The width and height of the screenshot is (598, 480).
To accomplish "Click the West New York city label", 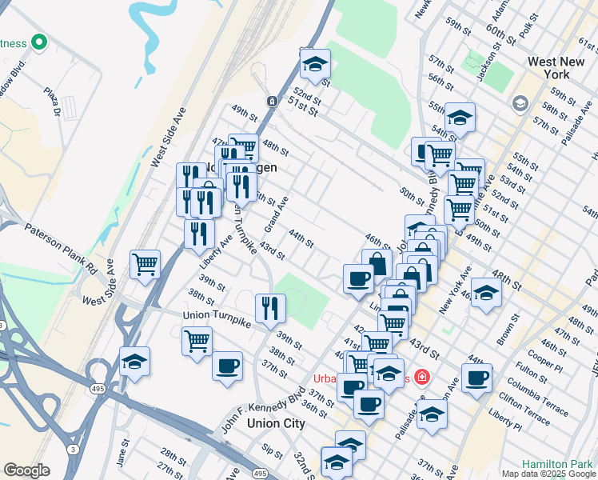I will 560,67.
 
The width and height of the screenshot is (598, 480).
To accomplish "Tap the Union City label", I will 276,423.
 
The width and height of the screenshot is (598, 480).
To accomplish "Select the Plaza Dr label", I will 53,102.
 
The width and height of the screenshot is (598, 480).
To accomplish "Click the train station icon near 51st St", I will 272,102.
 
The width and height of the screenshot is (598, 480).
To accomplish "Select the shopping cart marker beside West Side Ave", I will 146,263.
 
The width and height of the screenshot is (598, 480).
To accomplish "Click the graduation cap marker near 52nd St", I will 316,63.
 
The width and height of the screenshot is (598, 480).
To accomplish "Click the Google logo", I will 26,470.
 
